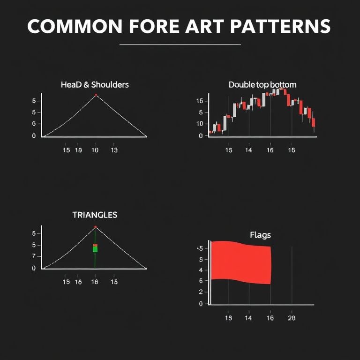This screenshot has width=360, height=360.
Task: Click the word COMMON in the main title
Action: tap(75, 26)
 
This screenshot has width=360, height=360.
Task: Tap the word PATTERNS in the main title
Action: tap(280, 26)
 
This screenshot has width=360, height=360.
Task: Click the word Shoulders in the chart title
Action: tap(110, 85)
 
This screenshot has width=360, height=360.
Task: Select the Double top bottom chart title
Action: tap(262, 85)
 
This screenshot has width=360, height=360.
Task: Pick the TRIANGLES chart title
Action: tap(95, 215)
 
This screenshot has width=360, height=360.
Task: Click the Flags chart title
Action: tap(260, 235)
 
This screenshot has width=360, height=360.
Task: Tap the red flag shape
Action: tap(241, 262)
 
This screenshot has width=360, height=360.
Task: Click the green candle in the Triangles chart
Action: tap(95, 249)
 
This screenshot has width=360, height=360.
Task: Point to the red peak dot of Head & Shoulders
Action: tap(96, 95)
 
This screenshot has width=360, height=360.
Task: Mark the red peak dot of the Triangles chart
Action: tap(96, 227)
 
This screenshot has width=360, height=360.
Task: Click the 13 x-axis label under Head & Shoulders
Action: tap(114, 150)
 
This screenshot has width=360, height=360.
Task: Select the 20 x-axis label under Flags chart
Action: tap(292, 318)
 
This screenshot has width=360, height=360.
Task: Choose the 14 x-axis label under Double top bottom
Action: tap(248, 150)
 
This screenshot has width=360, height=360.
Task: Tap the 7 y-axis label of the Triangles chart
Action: tap(34, 256)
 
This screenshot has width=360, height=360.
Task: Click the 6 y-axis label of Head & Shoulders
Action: tap(34, 124)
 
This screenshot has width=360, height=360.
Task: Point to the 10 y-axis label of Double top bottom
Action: tap(200, 124)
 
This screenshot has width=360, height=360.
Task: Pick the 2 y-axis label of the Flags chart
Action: tap(201, 292)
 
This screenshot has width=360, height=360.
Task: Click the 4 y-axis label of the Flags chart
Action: tap(201, 270)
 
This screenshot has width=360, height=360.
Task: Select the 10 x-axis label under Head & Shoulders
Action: tap(95, 150)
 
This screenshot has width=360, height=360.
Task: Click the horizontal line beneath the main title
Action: tap(180, 45)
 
